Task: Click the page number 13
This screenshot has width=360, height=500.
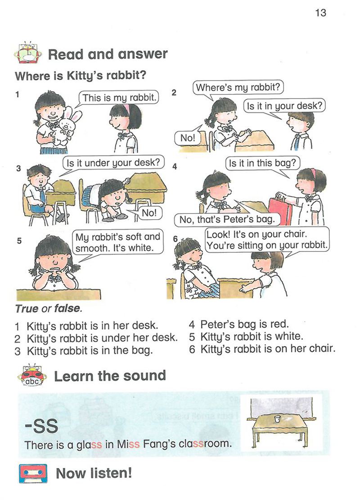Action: pos(320,13)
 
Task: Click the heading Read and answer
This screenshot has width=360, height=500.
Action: pos(108,54)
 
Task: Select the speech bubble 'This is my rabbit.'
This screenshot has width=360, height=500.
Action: pos(119,98)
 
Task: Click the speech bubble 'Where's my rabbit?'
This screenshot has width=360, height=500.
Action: pos(238,87)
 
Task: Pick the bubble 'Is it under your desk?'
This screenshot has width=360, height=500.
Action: pos(113,162)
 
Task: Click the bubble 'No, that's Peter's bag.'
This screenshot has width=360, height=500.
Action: pos(227,219)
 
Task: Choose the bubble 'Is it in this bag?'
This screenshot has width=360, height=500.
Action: pos(262,163)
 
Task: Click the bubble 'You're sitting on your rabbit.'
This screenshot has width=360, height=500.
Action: pos(267,240)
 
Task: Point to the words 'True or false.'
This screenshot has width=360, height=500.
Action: pos(49,308)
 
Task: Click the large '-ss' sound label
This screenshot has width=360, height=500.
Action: pos(41,426)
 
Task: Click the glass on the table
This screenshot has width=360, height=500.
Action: pos(277,419)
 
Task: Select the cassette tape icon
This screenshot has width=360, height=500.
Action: pos(33,473)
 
